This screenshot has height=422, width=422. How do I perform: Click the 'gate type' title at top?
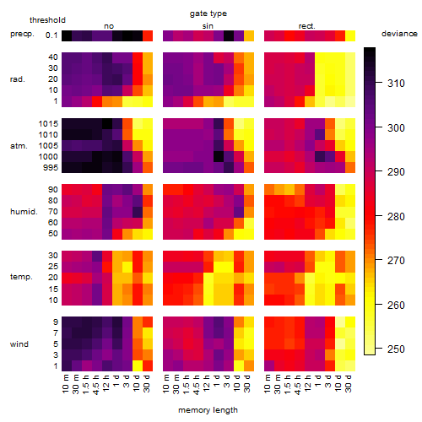point(208,14)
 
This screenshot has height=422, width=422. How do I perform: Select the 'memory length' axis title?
point(208,410)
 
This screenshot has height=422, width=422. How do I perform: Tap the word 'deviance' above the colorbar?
point(399,34)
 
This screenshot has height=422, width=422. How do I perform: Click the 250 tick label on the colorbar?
point(396,349)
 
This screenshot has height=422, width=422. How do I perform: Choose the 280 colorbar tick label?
point(396,217)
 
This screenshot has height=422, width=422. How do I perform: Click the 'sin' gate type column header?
point(208,26)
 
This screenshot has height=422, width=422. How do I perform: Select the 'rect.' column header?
point(306,26)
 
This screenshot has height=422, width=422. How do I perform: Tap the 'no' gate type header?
point(109,26)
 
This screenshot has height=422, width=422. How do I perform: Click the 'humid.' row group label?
point(24,212)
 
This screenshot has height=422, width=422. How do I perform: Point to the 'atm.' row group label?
point(19,146)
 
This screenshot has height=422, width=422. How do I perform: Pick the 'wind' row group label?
point(19,344)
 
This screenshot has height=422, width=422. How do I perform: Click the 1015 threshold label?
point(48,124)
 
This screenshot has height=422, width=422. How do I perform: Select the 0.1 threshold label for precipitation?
point(51,35)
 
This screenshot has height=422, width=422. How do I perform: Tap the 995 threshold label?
point(51,168)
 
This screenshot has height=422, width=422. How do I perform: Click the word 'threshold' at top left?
point(47,20)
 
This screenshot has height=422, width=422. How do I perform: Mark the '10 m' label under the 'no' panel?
point(65,383)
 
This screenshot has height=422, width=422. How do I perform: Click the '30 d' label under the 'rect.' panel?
point(349,383)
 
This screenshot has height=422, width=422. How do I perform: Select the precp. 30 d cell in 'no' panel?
point(148,35)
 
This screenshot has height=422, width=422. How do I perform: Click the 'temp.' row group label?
point(21,277)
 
